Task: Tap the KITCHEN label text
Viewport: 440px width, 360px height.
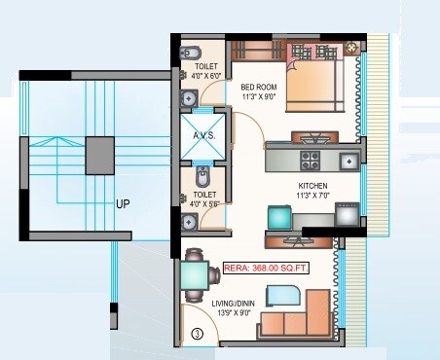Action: tap(312, 185)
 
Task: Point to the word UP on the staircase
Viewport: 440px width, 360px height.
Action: tap(123, 204)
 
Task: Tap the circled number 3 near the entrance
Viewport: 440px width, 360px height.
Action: tap(198, 334)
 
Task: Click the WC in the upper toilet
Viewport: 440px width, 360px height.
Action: tap(192, 52)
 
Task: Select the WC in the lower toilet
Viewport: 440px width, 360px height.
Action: tap(202, 178)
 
